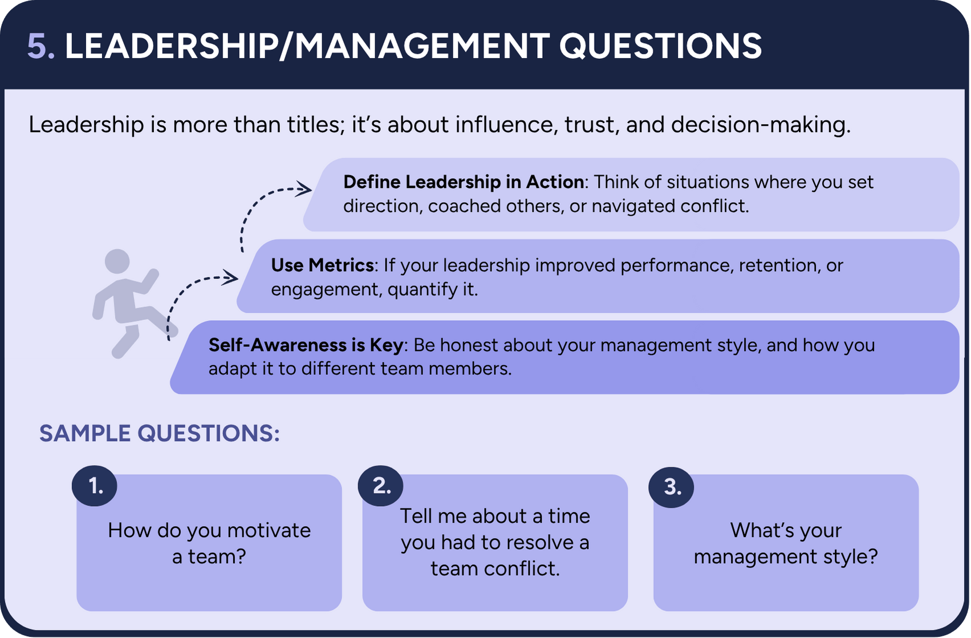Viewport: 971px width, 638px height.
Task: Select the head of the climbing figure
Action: [117, 261]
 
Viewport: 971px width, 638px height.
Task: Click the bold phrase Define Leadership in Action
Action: [463, 182]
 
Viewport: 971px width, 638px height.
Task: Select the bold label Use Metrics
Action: [322, 265]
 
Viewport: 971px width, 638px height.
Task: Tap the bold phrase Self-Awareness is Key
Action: [306, 345]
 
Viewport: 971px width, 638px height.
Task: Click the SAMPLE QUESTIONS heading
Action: [159, 434]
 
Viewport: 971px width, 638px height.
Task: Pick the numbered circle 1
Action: [95, 486]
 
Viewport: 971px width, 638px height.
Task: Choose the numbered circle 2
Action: [381, 486]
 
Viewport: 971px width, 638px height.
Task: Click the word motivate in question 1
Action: [269, 531]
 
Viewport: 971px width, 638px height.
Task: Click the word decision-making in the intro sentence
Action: [761, 125]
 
